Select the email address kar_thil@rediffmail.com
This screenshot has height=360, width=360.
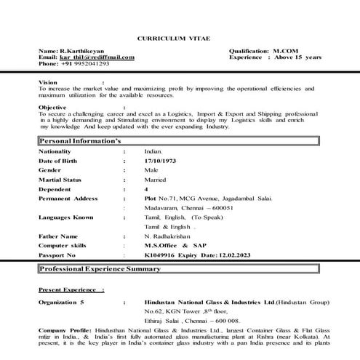point(97,57)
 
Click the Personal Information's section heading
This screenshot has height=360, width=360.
point(79,141)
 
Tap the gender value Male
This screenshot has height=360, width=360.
point(152,169)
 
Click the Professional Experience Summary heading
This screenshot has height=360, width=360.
point(100,269)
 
